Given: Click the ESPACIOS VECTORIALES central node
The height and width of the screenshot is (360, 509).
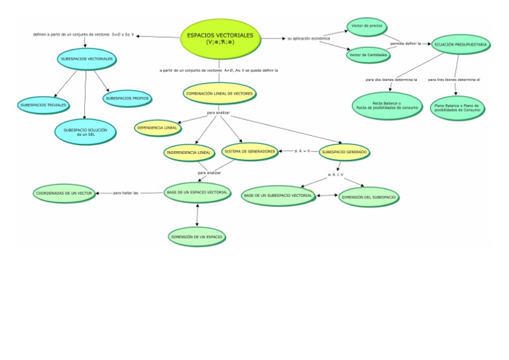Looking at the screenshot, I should point(220,38).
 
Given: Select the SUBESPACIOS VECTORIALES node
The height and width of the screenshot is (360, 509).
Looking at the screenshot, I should point(85,59).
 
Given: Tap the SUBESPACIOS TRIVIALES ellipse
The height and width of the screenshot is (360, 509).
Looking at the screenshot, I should point(44,105).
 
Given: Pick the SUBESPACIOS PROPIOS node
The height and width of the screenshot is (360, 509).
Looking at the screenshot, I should point(127,98).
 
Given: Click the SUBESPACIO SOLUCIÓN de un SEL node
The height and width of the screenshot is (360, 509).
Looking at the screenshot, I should point(85,131).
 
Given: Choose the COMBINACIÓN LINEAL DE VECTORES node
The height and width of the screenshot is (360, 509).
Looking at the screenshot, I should point(219,93).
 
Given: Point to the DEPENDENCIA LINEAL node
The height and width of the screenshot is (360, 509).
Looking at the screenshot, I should point(157,127).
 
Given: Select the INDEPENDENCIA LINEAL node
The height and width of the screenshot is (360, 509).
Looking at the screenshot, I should point(189,152).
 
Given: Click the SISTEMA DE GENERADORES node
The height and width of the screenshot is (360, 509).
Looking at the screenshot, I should point(249,151).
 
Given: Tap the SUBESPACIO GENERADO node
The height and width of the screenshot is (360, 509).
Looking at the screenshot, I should point(343,152).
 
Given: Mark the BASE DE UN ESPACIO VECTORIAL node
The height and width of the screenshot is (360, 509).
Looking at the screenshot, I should point(197,192).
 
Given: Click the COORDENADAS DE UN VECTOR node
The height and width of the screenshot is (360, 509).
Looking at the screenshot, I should point(64,193).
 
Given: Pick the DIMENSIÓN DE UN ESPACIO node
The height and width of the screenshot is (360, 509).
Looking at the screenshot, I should point(197,235).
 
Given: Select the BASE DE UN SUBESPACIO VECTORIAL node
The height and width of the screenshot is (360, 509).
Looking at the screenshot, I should point(278,196).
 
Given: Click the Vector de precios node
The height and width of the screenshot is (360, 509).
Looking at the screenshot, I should point(367,26).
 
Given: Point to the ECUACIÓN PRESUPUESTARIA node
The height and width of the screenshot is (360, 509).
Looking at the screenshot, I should point(461,44).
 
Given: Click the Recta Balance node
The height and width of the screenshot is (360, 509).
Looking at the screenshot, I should point(386,105).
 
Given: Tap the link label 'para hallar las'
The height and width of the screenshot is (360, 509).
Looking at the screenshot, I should point(126,193).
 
